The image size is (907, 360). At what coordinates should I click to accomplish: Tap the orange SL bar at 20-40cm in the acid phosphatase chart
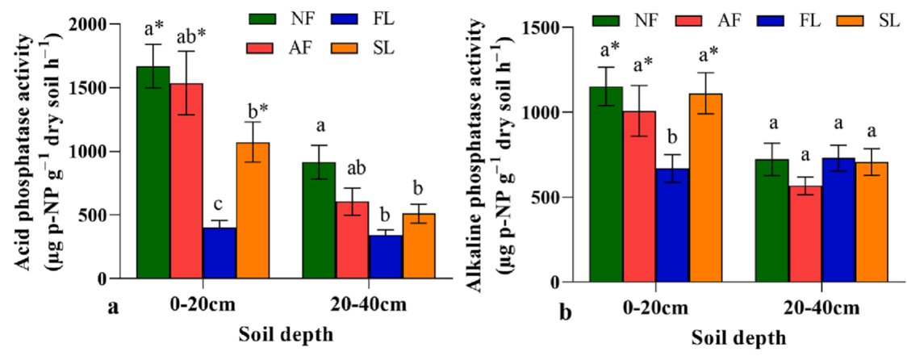(x=419, y=246)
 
